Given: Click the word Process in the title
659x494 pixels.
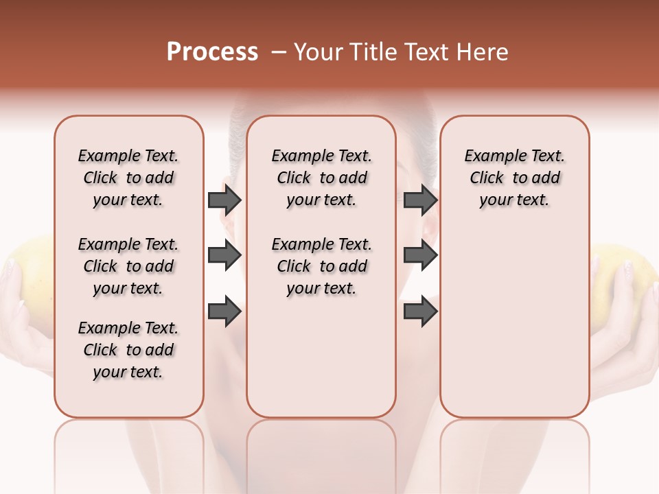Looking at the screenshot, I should point(212,52).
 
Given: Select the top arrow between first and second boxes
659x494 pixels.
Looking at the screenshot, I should point(224,200).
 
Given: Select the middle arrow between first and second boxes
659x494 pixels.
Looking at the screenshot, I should point(224,256).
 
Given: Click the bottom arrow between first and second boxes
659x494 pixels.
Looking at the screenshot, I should point(224,312).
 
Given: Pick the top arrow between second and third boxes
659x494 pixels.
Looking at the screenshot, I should point(420,200).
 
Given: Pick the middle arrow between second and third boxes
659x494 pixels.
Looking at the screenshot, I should point(420,256).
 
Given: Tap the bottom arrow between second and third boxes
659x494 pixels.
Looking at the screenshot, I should point(420,312).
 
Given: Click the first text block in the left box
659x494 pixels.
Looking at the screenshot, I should point(128,178).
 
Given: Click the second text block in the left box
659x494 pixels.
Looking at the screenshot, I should point(128,266).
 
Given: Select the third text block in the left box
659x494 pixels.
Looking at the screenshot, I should point(128,350).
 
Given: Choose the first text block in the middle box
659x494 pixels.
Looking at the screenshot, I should point(321,178).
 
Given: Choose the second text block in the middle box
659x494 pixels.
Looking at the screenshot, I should point(321,266).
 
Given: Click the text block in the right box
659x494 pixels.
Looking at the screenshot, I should point(514,178).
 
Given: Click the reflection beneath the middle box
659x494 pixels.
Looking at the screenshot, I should point(321,453).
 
